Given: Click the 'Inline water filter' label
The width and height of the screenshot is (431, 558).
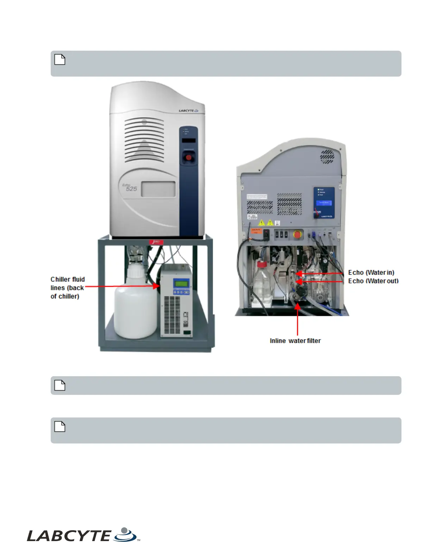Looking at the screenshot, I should [295, 341].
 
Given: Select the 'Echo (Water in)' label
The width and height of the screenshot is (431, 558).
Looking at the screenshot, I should [371, 272].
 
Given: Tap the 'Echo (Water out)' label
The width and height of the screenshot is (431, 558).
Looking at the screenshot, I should [373, 281].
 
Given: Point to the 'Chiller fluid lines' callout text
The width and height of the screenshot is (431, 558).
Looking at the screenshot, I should [67, 287].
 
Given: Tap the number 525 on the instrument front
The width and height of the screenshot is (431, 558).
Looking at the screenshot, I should [131, 189].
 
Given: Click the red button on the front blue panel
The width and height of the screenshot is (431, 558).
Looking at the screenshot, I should [188, 157].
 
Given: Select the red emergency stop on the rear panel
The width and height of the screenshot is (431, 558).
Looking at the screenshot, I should [298, 234].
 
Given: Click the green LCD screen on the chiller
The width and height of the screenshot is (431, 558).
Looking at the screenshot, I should [181, 283].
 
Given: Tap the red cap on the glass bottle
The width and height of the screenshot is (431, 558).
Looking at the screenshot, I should [261, 264].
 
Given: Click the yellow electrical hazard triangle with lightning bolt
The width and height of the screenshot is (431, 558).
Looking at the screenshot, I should [262, 223].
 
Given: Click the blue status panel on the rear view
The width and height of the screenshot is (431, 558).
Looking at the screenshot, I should [324, 203].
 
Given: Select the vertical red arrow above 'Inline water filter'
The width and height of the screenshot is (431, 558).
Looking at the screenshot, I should [298, 319].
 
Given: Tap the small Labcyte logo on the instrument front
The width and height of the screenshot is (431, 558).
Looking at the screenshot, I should [188, 111].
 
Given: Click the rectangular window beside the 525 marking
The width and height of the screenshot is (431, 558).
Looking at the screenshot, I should [158, 189].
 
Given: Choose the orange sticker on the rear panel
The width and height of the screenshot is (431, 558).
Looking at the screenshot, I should [256, 231].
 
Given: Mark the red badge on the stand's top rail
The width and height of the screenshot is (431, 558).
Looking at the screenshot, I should [156, 242].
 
